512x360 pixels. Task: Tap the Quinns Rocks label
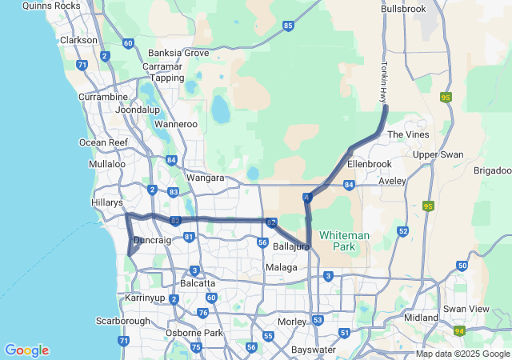point(52,6)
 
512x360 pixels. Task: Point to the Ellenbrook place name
point(370,164)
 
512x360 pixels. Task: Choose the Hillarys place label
point(107,203)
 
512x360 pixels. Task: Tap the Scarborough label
point(124,322)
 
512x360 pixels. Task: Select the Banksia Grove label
point(184,53)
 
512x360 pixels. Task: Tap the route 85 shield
point(288,26)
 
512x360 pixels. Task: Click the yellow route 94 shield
point(459,330)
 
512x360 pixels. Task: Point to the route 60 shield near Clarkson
point(128,42)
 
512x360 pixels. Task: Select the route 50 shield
point(462,266)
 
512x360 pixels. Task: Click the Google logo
point(26,350)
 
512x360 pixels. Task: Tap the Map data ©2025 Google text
point(462,354)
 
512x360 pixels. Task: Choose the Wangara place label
point(205,178)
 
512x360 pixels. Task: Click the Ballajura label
point(291,246)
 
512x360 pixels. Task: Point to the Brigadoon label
point(492,171)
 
